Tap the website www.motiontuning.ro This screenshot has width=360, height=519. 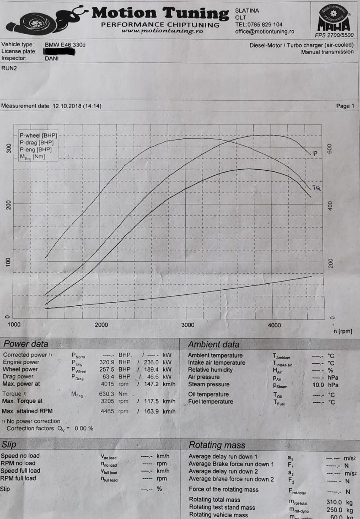pyautogui.click(x=156, y=31)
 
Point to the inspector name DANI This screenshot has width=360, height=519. pyautogui.click(x=52, y=58)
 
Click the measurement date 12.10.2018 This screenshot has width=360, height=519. pyautogui.click(x=67, y=106)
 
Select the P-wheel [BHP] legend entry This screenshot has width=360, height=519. pyautogui.click(x=38, y=136)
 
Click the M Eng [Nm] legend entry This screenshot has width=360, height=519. pyautogui.click(x=32, y=156)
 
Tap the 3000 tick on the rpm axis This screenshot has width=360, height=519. pyautogui.click(x=187, y=325)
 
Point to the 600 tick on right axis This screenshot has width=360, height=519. pyautogui.click(x=331, y=148)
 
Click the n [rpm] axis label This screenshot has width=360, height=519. pyautogui.click(x=343, y=331)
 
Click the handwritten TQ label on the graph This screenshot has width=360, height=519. pyautogui.click(x=316, y=188)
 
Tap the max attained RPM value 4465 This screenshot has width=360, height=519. pyautogui.click(x=107, y=411)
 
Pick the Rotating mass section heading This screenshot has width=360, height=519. pyautogui.click(x=217, y=445)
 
